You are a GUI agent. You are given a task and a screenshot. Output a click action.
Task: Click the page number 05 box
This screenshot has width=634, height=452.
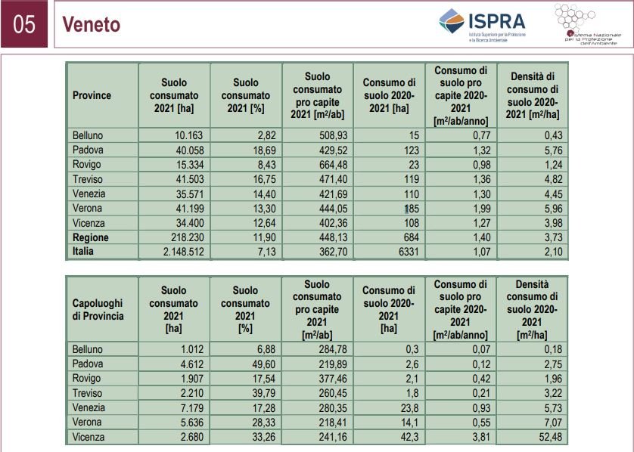coord(24,24)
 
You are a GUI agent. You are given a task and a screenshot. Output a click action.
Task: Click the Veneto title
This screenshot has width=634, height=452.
coord(92,25)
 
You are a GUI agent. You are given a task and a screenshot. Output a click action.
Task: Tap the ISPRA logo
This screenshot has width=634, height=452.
coord(483,23)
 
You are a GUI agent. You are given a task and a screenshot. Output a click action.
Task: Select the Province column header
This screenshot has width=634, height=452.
coord(92,95)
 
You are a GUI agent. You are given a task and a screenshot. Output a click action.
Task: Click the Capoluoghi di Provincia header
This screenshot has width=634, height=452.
coord(98,309)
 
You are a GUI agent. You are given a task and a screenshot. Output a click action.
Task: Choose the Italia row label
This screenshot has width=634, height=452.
coord(84,252)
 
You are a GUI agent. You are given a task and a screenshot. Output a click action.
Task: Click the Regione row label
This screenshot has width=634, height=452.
coord(90,237)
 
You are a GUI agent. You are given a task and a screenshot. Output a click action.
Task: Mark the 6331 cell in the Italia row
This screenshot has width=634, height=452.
coord(406,252)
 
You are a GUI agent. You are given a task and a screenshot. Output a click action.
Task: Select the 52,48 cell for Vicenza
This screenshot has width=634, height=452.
coord(542,438)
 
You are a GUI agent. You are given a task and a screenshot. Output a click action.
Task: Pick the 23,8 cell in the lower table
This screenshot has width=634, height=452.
coord(406,408)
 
